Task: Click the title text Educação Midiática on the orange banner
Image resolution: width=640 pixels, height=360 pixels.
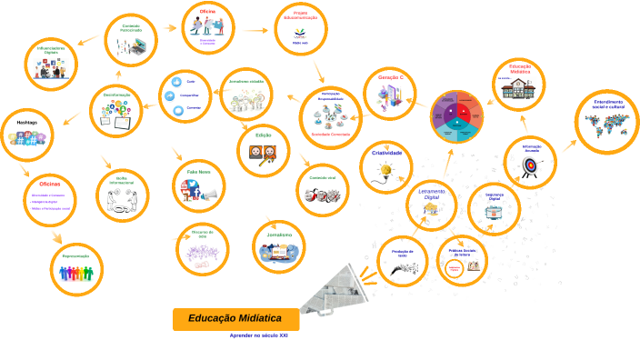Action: pyautogui.click(x=235, y=318)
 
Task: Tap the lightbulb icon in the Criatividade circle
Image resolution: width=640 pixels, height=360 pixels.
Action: pyautogui.click(x=386, y=169)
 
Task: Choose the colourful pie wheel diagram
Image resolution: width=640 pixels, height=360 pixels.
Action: pyautogui.click(x=455, y=116)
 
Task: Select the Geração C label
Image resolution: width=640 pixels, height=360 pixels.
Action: pyautogui.click(x=389, y=78)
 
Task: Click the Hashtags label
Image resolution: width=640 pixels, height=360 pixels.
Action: pyautogui.click(x=26, y=122)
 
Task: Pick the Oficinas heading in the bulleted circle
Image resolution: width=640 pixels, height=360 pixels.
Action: pyautogui.click(x=50, y=185)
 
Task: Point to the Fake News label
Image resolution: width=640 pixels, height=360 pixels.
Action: pyautogui.click(x=199, y=171)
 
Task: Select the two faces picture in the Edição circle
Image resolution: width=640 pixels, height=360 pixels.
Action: pyautogui.click(x=263, y=153)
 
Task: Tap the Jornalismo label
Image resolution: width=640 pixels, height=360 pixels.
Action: pyautogui.click(x=279, y=235)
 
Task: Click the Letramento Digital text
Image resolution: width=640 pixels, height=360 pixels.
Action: pyautogui.click(x=432, y=193)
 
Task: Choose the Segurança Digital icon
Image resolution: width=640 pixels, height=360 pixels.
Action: pyautogui.click(x=494, y=214)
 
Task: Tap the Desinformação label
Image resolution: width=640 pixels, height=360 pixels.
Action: pyautogui.click(x=116, y=95)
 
